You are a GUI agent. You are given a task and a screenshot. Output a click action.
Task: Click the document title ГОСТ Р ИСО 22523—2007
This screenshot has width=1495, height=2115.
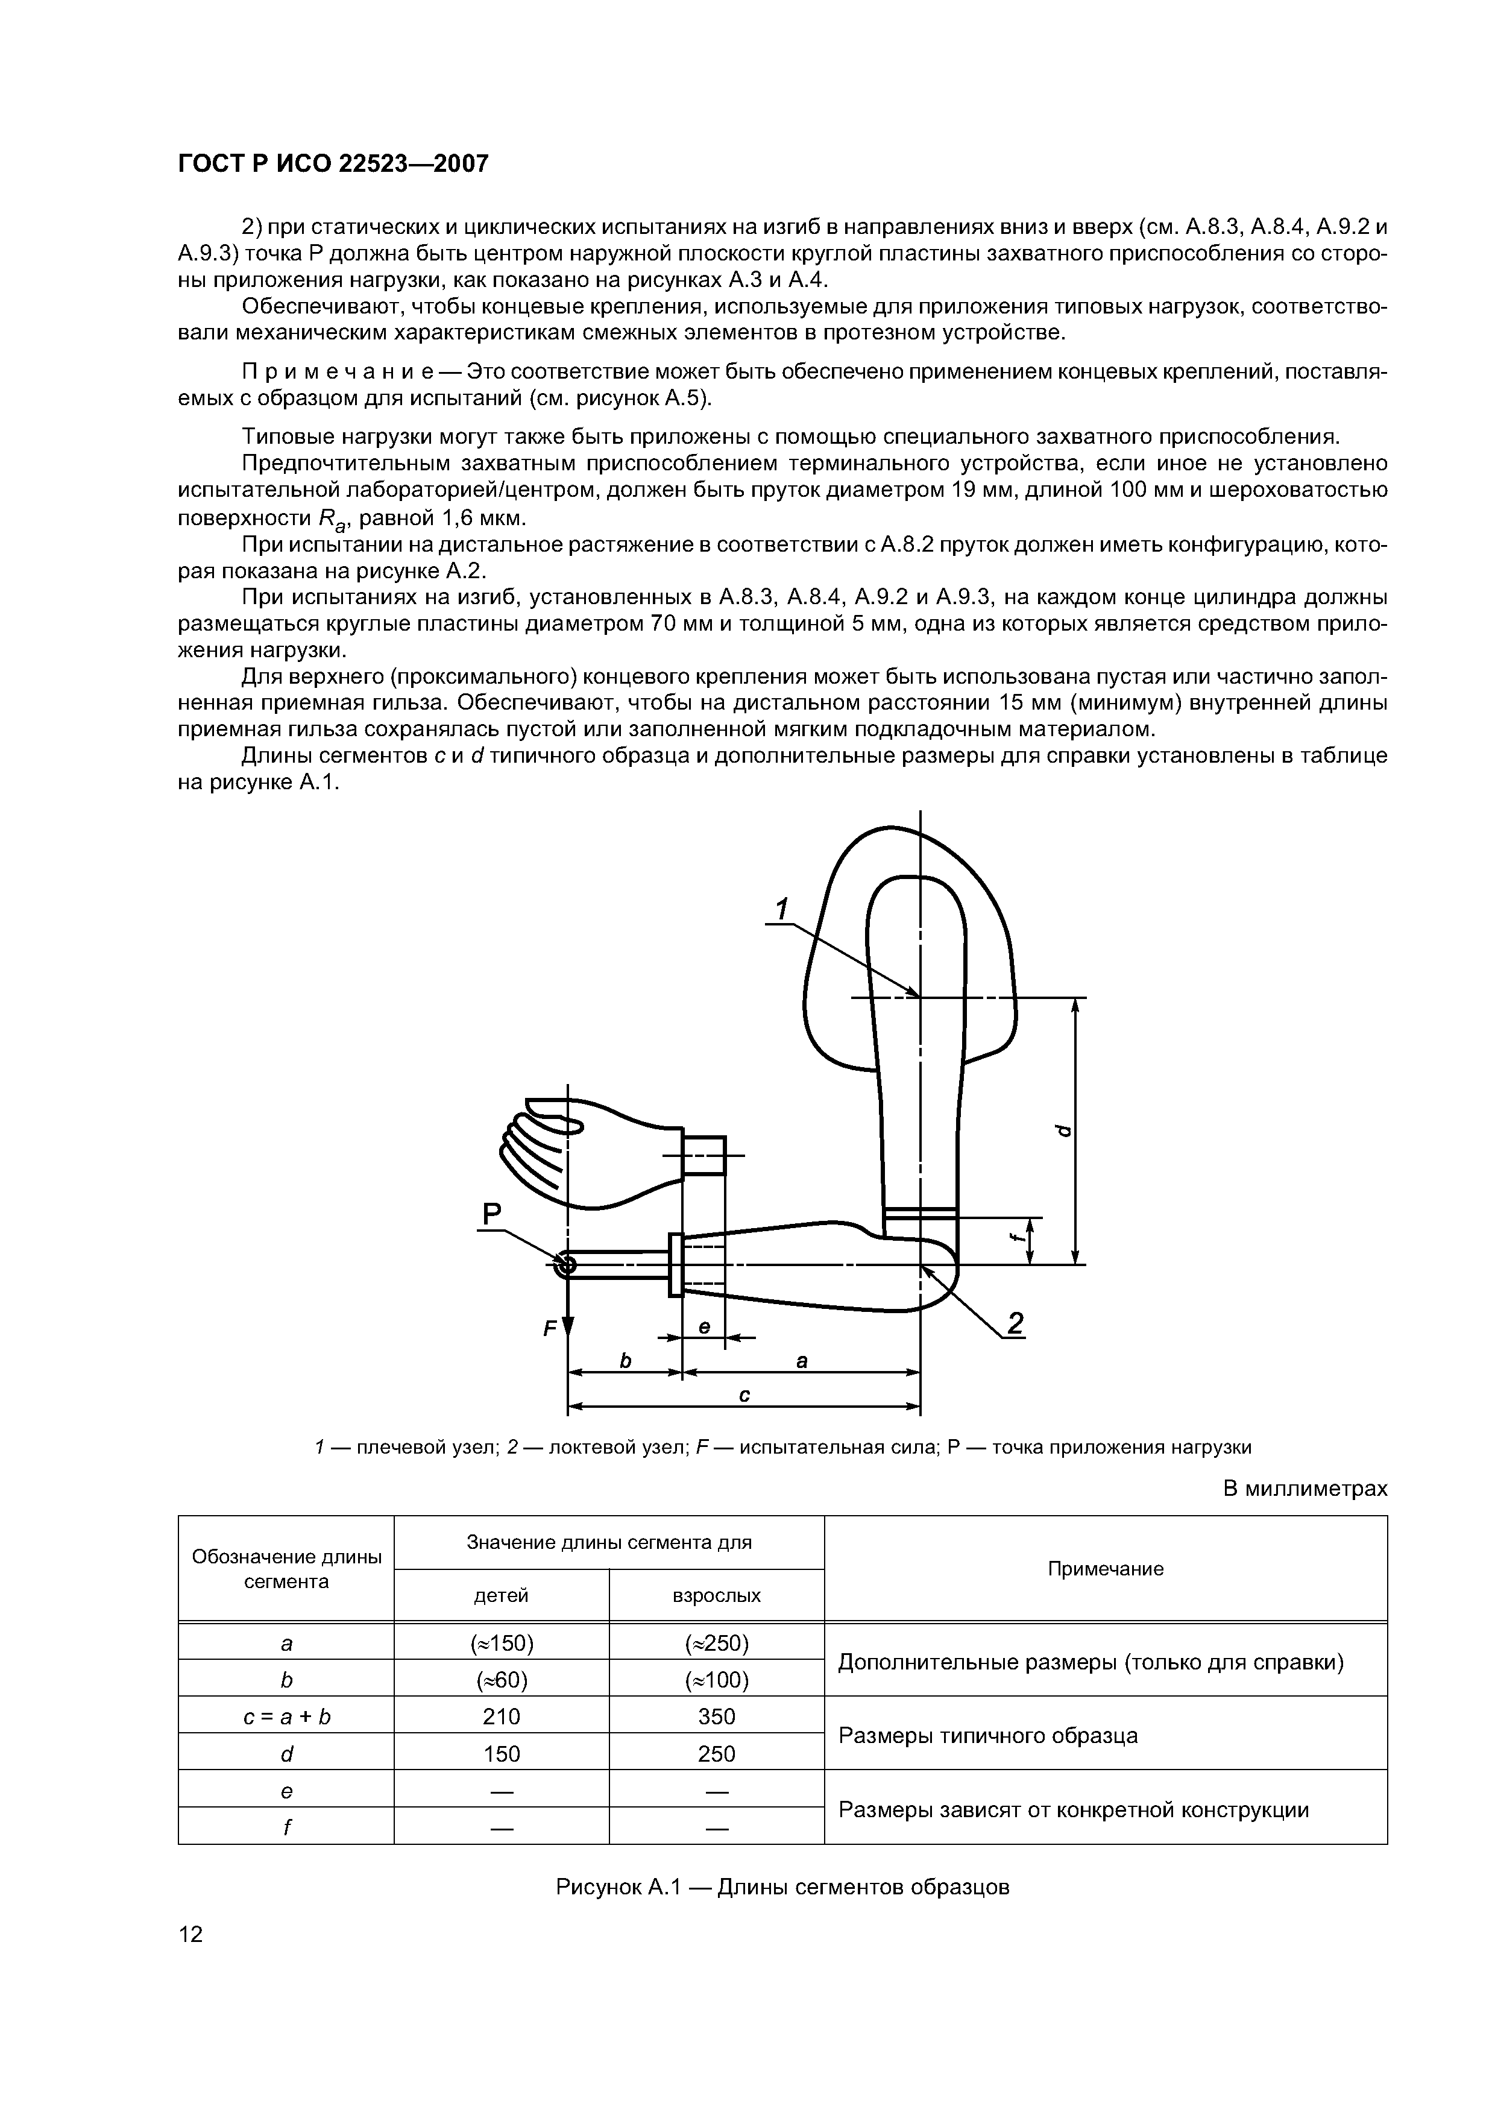tap(333, 164)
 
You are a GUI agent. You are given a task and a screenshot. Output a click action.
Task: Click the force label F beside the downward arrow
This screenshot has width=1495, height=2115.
tap(550, 1329)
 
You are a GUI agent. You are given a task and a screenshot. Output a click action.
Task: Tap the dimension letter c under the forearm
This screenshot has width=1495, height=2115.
tap(744, 1396)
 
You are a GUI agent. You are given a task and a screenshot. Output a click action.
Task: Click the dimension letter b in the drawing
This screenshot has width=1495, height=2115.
tap(626, 1361)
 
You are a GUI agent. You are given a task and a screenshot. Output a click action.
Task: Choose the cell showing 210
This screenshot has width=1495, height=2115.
tap(501, 1716)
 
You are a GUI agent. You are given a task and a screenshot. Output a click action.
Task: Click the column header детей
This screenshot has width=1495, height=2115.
tap(501, 1595)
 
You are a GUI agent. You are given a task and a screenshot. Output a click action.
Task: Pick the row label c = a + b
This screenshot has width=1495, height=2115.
tap(286, 1716)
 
